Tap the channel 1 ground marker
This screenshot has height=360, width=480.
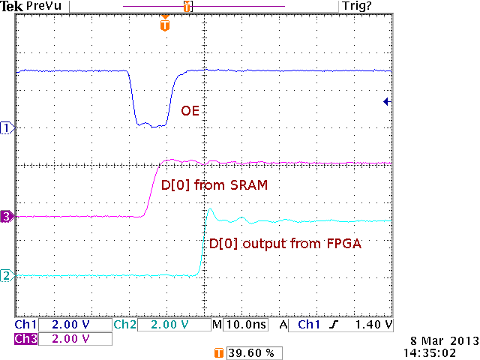8,128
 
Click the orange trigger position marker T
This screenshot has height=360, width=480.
165,26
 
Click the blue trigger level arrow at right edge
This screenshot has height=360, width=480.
385,101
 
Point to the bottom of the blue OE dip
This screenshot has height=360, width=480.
152,125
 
